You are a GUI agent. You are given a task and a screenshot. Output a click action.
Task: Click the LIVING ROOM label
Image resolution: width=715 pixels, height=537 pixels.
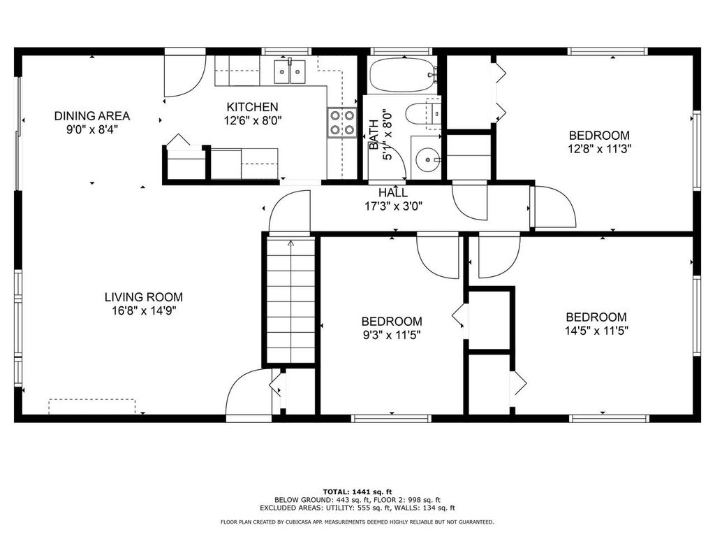point(144,297)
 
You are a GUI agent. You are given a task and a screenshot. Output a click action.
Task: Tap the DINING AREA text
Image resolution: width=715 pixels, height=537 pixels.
point(92,116)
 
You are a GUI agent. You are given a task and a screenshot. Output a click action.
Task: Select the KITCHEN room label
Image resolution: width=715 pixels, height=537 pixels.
point(252,107)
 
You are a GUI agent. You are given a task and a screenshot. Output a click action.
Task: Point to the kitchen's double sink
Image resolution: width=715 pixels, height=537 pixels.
point(290,71)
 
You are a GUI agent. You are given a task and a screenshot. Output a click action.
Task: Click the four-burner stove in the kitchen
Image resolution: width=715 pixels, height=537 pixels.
point(341,123)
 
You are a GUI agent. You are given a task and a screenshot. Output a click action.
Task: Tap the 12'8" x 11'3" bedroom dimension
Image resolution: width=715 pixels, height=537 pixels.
point(599,148)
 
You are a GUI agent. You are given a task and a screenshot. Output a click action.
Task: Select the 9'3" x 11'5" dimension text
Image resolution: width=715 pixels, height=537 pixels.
point(391,334)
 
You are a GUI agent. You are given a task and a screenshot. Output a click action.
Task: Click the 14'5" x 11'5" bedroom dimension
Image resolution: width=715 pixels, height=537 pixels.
point(596,330)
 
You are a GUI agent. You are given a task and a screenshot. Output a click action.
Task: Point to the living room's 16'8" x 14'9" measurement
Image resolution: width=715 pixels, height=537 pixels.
point(144,310)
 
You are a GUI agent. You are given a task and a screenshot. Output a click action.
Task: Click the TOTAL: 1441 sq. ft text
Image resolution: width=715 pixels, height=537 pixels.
point(357,492)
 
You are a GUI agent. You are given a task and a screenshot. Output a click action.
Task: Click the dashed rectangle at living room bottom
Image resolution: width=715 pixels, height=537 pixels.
point(91,406)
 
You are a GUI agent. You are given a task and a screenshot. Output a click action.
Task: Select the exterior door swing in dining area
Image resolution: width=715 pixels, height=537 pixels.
point(183,74)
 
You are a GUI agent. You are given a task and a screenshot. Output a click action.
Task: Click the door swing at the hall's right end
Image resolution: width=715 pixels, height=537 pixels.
point(554,208)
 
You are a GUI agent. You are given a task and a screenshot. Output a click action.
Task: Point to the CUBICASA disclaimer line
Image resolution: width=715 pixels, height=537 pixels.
point(357,522)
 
